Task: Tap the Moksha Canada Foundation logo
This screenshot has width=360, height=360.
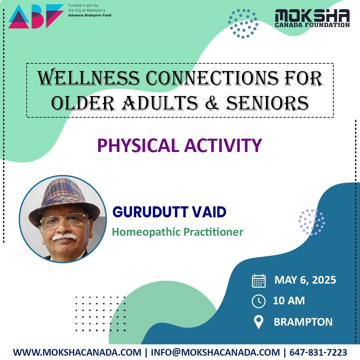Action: (x=312, y=18)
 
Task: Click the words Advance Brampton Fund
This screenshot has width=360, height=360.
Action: (x=90, y=15)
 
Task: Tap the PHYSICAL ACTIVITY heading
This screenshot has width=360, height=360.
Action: (x=179, y=146)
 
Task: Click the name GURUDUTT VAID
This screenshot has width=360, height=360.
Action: (x=169, y=212)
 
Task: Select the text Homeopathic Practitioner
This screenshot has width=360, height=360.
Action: (x=177, y=232)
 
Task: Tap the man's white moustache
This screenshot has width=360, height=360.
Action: (x=65, y=237)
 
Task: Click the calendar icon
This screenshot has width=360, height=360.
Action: (x=259, y=281)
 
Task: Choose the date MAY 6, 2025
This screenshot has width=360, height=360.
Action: (x=305, y=280)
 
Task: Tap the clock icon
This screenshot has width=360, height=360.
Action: (x=259, y=301)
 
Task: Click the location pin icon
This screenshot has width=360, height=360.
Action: (x=259, y=322)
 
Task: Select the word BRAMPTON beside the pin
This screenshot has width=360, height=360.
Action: (x=303, y=322)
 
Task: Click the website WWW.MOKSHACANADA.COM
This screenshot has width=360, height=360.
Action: (x=77, y=352)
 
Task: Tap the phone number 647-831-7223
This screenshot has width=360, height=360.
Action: (x=318, y=352)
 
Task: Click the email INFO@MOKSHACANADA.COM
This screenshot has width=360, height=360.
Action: (x=215, y=352)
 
